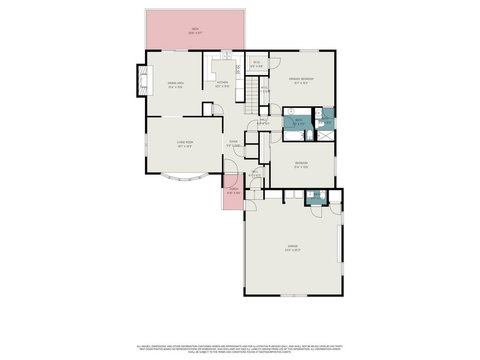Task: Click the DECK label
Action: coord(195,29)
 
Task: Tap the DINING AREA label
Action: coord(175,83)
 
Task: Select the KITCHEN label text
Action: coord(222,82)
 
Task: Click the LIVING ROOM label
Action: coord(185,142)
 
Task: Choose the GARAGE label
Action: coord(293,246)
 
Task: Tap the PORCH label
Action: coord(234,189)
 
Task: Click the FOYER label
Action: coord(234,141)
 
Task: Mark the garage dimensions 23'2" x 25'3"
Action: coord(293,250)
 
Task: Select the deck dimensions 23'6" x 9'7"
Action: coord(195,33)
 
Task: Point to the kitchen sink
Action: coord(226,55)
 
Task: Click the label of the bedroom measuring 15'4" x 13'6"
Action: coord(301,163)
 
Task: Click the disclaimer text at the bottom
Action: coord(240,349)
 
